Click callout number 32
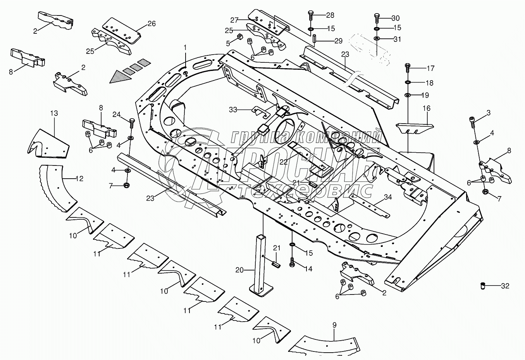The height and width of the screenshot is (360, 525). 505,286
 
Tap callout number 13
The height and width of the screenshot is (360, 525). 54,113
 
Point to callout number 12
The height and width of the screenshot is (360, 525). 79,179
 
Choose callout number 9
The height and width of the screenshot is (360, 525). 334,325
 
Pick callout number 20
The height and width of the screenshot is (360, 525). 239,270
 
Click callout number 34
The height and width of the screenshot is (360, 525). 388,197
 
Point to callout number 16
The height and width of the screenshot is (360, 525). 426,109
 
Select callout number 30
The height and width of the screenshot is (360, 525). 396,18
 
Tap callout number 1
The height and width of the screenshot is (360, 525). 185,47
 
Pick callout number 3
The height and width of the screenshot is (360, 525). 489,113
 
